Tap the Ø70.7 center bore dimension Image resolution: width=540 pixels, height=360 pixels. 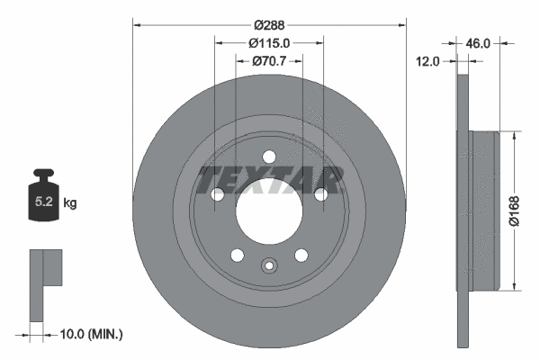tap(268, 61)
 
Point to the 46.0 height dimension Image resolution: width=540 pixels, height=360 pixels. tap(477, 42)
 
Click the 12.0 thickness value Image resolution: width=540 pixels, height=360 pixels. tap(428, 61)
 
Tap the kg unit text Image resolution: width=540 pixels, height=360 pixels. tap(70, 203)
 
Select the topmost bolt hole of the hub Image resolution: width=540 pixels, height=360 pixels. tap(268, 157)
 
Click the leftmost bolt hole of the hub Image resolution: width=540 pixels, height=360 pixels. tap(217, 193)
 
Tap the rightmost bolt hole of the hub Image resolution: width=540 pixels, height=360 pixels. tap(319, 193)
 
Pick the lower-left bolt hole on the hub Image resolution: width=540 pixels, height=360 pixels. tap(237, 255)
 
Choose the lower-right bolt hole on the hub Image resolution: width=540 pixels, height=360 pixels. tap(300, 255)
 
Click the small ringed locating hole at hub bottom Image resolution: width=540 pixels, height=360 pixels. tap(268, 265)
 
